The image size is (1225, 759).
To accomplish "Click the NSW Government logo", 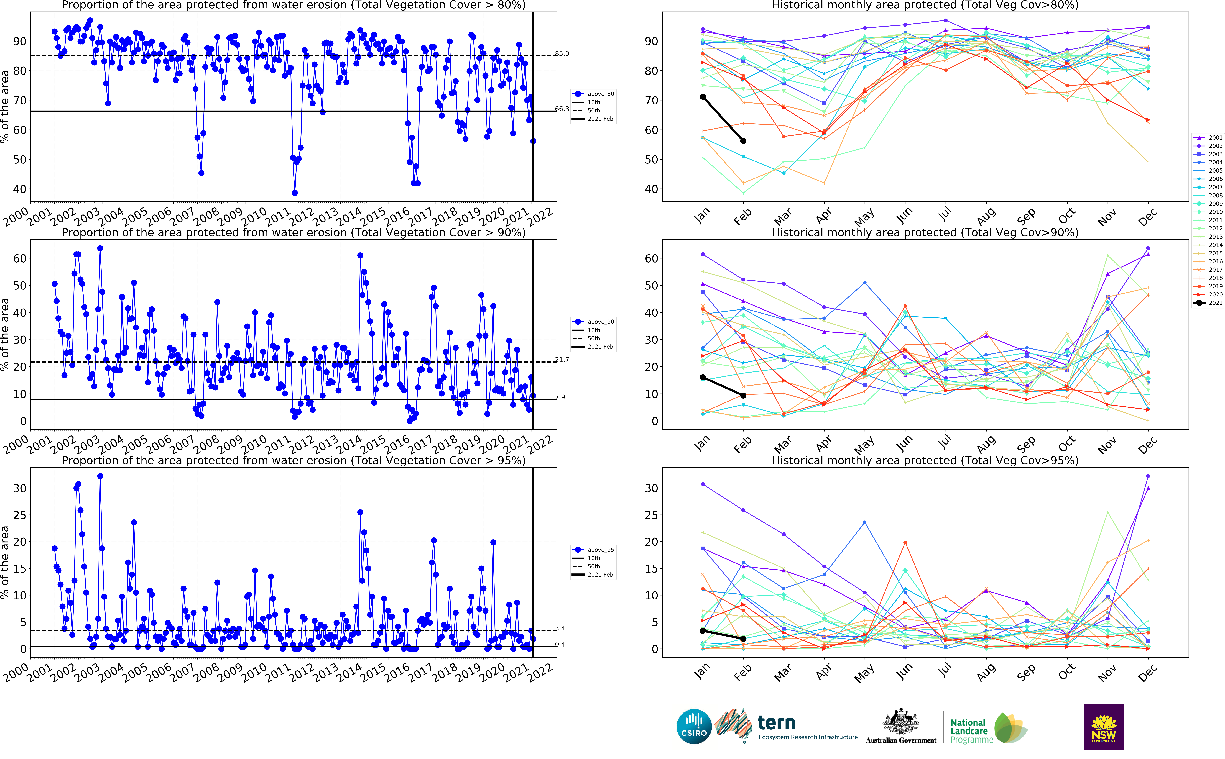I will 1104,726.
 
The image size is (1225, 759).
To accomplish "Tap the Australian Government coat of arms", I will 901,722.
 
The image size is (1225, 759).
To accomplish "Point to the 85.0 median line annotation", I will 562,53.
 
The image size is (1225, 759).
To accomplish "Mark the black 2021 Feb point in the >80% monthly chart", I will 743,141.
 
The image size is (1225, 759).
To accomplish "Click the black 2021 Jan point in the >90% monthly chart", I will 703,378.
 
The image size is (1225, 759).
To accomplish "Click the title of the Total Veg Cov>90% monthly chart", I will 925,232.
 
